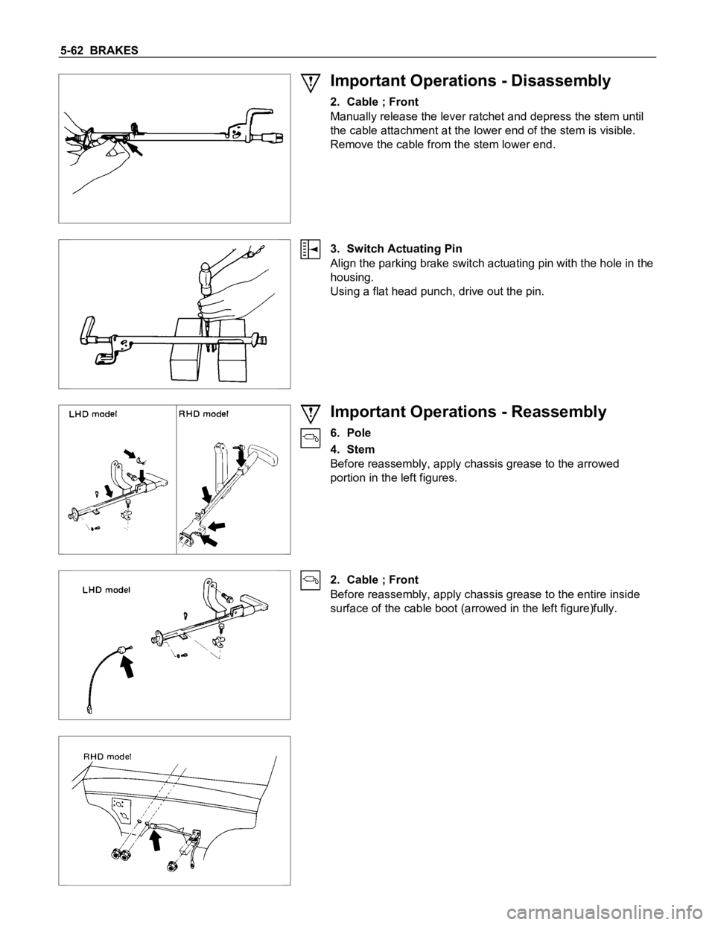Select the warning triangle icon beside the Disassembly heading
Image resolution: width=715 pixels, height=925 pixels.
[311, 80]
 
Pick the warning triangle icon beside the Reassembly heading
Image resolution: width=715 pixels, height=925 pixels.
[311, 413]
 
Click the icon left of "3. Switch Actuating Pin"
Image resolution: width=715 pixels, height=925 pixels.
[311, 249]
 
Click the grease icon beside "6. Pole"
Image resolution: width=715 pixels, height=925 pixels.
[311, 439]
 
